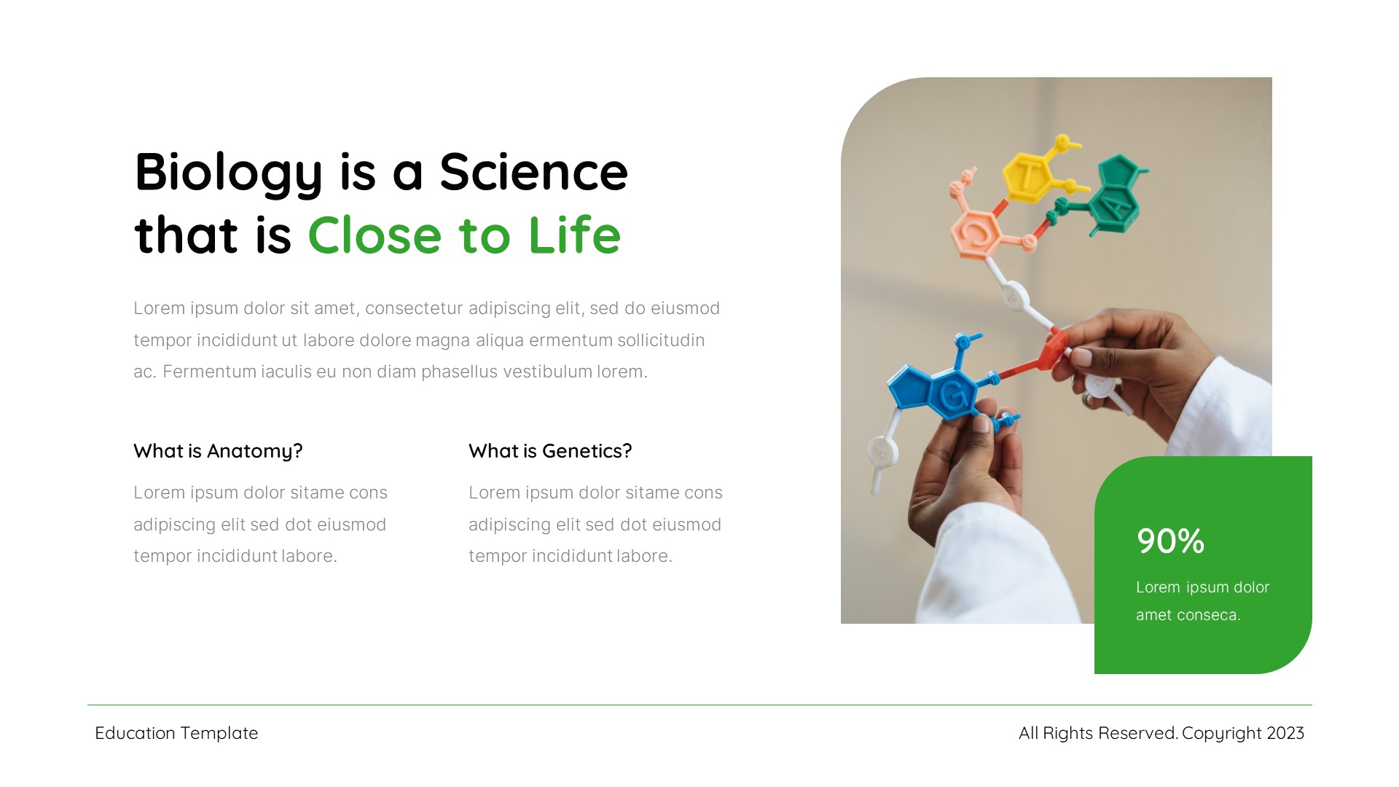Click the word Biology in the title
tap(228, 173)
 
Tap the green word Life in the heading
tap(574, 235)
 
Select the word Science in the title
tap(533, 173)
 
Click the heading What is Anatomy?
tap(218, 451)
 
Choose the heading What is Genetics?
tap(550, 451)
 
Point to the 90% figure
tap(1170, 541)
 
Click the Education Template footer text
tap(176, 733)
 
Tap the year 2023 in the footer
tap(1285, 733)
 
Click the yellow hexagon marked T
tap(1028, 175)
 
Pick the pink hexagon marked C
tap(976, 233)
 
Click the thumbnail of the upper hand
tap(1083, 357)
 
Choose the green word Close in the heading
tap(375, 235)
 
